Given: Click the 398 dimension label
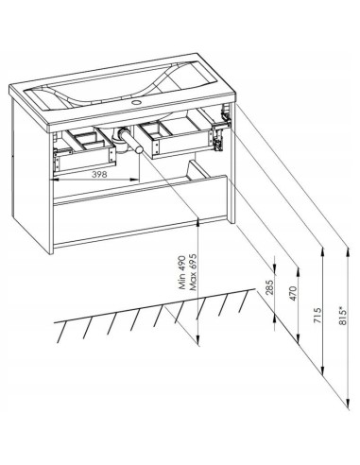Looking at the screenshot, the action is pos(99,174).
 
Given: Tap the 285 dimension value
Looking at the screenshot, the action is pos(269,287).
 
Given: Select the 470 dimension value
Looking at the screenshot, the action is pos(293,293).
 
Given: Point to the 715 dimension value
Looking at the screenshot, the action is pos(317,316).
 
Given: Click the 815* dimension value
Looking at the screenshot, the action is pos(343,316).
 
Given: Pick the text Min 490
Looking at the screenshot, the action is pos(182,276).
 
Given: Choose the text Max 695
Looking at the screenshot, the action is pos(193,272).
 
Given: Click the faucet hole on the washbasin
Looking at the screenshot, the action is pos(137,102).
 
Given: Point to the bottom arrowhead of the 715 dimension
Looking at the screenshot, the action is pos(322,370).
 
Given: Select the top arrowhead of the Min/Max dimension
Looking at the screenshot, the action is pos(197,222).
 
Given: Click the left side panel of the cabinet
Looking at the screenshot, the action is pos(30,170).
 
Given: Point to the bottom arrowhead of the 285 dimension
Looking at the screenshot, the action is pos(275,319).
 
